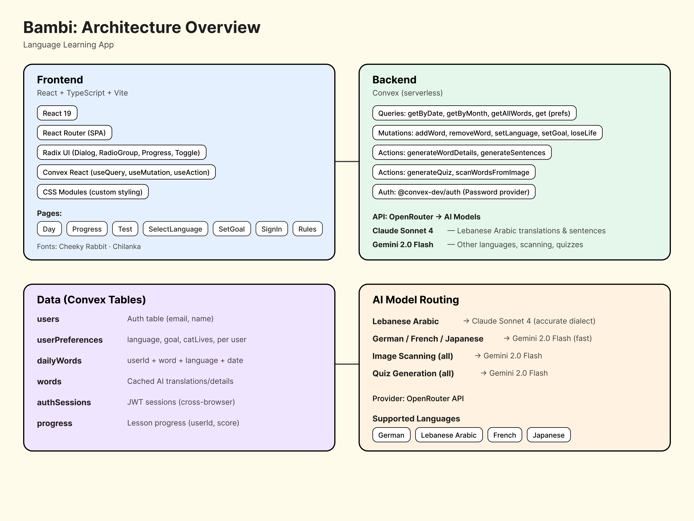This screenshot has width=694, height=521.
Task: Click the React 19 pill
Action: coord(57,113)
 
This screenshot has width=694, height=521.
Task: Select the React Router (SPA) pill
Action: coord(74,133)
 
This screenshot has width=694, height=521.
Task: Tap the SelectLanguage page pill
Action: coord(175,229)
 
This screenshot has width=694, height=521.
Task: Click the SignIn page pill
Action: coord(271,229)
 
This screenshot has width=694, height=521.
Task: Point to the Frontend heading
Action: coord(60,80)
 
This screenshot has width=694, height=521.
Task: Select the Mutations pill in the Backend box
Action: coord(487,133)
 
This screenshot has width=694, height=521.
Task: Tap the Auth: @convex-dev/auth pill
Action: coord(453,192)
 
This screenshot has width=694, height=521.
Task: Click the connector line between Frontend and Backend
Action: coord(347,162)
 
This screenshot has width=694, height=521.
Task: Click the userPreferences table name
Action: coord(70,340)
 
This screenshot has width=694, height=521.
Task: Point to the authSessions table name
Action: coord(64,402)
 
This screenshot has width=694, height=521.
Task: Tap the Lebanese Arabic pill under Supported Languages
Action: coord(448,435)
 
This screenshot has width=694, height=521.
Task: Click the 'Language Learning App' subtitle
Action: coord(68,45)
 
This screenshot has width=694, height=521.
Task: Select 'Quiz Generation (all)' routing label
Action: coord(413,373)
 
